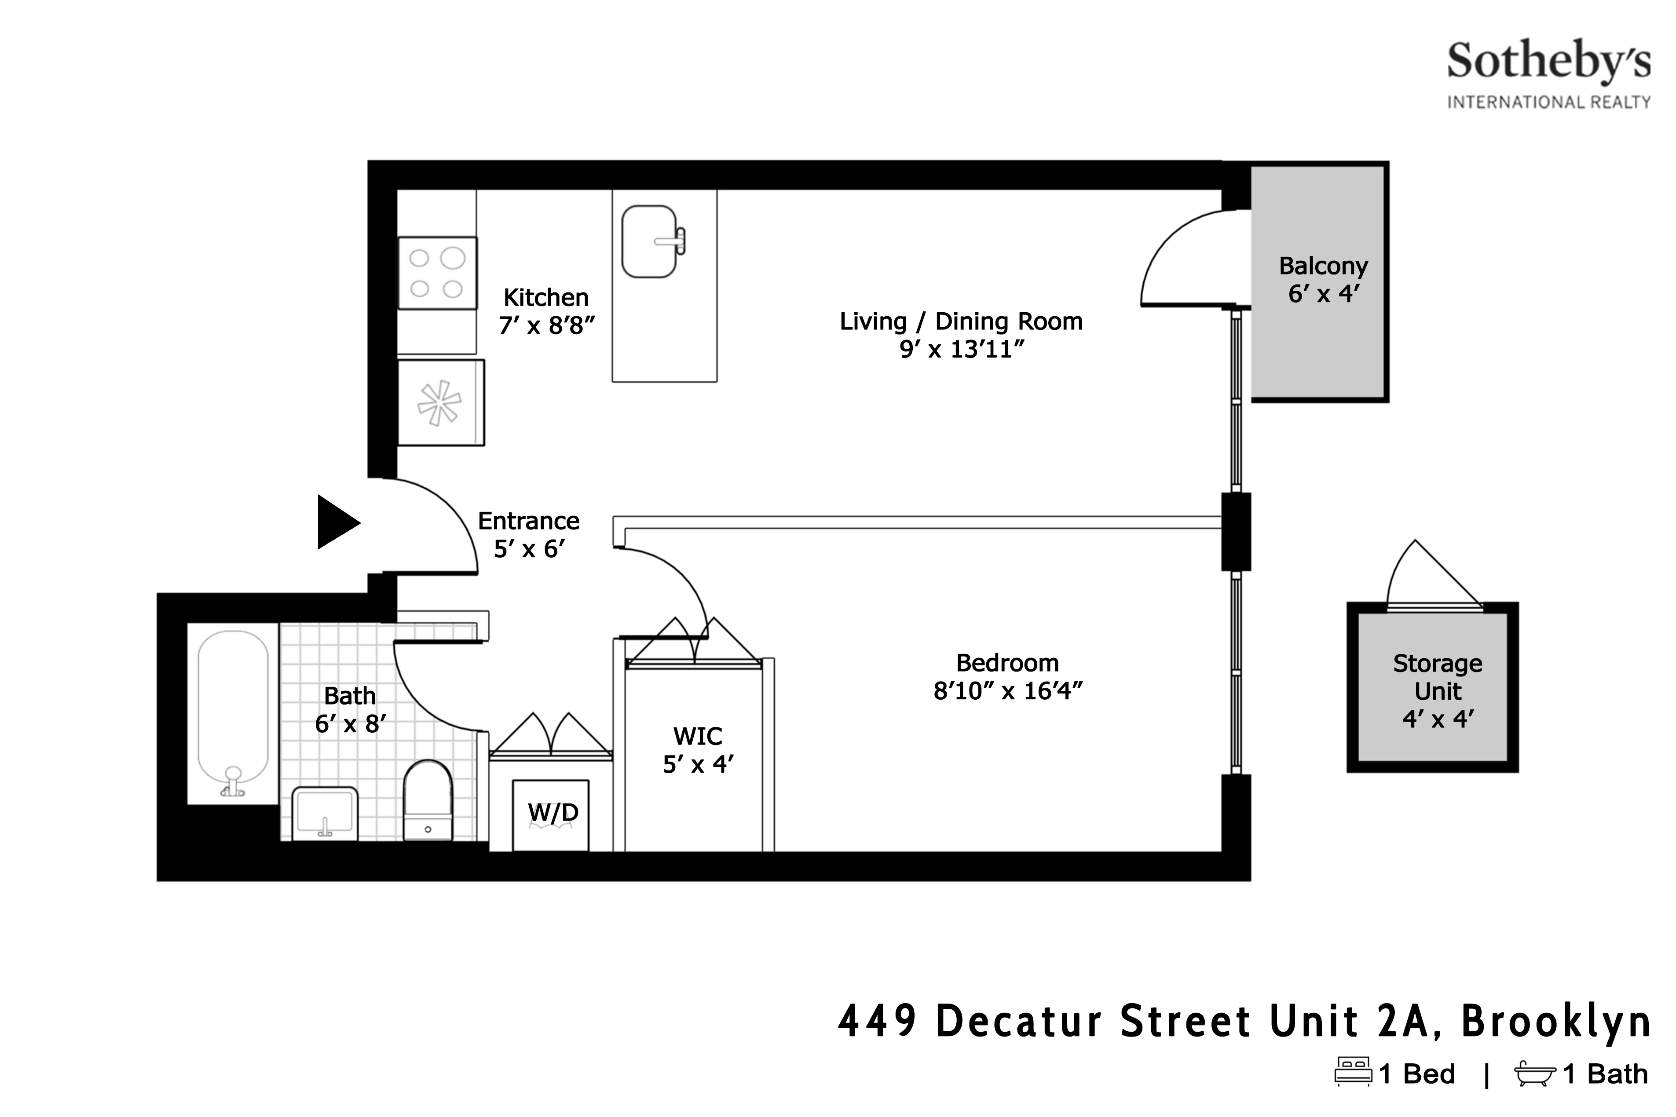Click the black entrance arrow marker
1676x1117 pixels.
337,522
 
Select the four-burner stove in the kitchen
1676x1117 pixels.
437,273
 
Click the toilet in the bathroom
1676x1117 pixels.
428,800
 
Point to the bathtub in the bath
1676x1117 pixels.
233,712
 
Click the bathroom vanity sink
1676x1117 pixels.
325,812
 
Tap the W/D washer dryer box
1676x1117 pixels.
551,814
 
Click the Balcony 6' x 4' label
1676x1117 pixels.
1323,279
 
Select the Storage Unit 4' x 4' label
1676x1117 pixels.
1437,690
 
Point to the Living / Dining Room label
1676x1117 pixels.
961,321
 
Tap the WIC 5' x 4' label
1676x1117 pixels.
698,749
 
